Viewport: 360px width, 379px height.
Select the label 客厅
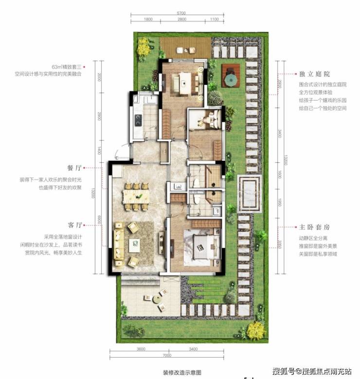click(x=74, y=225)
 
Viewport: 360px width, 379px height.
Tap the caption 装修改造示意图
click(x=182, y=372)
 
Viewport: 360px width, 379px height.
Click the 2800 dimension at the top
click(x=182, y=19)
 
